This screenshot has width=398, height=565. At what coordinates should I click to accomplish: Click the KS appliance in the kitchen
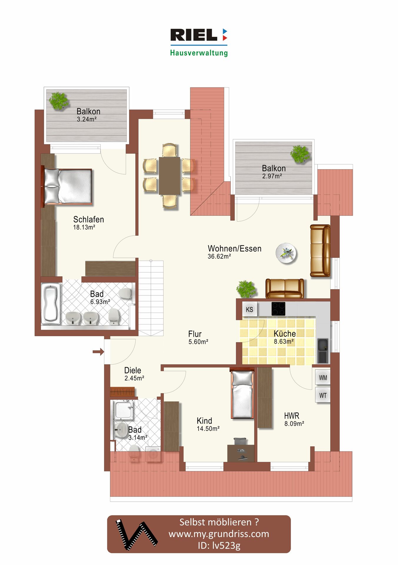[x=249, y=309]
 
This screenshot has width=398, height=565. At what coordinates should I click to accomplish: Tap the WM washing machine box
[x=323, y=378]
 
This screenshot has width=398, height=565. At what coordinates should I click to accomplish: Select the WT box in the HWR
[x=323, y=395]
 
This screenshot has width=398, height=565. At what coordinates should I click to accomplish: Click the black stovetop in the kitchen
[x=278, y=309]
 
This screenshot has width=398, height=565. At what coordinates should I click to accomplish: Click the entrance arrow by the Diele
[x=98, y=351]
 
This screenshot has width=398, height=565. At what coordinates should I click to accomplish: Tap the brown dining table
[x=169, y=176]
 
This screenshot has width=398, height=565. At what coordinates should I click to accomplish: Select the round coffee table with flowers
[x=286, y=253]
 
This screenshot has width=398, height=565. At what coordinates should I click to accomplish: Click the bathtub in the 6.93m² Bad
[x=51, y=303]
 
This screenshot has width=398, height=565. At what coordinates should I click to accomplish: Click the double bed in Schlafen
[x=68, y=187]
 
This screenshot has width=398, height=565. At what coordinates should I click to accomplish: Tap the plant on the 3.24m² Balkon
[x=59, y=101]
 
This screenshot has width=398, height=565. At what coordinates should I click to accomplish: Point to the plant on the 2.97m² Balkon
[x=300, y=154]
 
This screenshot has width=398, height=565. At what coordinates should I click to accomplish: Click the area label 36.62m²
[x=219, y=256]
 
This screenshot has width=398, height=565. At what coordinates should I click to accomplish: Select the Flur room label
[x=195, y=334]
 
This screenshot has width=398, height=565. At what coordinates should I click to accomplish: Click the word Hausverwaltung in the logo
[x=199, y=53]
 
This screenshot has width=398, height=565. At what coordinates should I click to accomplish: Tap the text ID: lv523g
[x=219, y=545]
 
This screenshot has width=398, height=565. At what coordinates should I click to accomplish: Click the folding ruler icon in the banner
[x=136, y=534]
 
